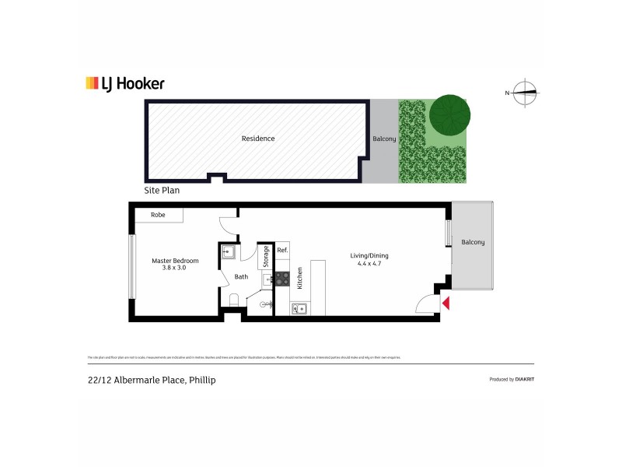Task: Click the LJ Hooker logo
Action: click(124, 84)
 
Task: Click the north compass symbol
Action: click(526, 93)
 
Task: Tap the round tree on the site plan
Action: click(450, 114)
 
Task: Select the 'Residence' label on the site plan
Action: click(257, 139)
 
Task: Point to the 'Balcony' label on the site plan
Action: click(384, 139)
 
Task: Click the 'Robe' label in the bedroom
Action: click(158, 214)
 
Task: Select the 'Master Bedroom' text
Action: click(175, 261)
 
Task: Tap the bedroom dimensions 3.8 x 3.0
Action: click(174, 268)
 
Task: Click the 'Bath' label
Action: click(241, 276)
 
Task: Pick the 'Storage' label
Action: click(264, 256)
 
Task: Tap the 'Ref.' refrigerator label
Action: click(282, 251)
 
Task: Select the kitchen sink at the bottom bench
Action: click(300, 308)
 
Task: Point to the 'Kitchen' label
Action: click(299, 278)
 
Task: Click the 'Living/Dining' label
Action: click(369, 255)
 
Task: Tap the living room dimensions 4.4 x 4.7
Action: click(369, 263)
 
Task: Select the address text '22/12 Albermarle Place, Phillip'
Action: click(152, 380)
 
